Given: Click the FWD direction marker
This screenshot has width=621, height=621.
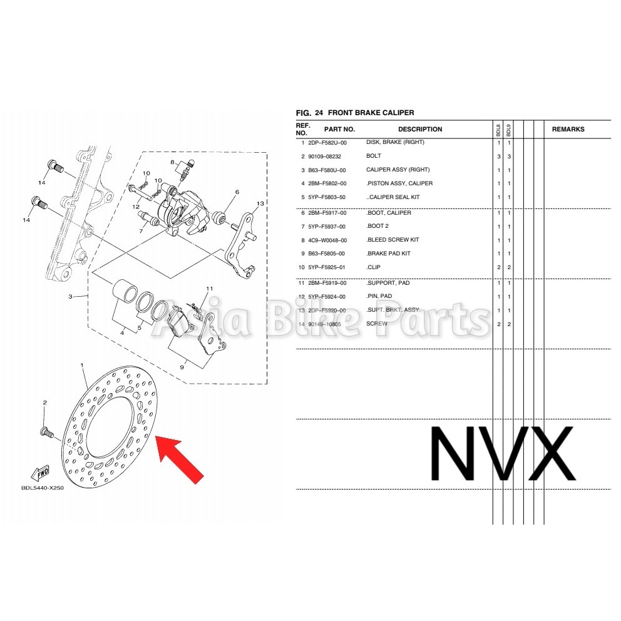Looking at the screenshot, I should [41, 471].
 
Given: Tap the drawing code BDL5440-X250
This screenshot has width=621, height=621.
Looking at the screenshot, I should [42, 488].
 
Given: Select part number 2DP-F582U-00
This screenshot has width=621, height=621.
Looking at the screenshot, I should [326, 143].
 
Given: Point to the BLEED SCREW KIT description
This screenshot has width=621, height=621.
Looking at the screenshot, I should [393, 240].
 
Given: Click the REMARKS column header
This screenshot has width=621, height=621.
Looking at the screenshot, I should [568, 130].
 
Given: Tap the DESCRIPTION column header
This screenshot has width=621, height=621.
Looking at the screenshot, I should [420, 130].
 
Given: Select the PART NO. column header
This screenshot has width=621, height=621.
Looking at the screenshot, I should [340, 130].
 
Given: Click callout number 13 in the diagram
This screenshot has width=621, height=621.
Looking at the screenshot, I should [260, 203].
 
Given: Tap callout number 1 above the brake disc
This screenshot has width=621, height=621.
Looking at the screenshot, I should [81, 364].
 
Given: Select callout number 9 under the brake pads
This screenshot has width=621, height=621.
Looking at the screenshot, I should [182, 368].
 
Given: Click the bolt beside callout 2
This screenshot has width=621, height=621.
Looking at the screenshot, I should [46, 431].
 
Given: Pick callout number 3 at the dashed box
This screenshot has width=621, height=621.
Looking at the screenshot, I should [71, 296].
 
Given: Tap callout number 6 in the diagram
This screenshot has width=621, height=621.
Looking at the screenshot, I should [237, 192].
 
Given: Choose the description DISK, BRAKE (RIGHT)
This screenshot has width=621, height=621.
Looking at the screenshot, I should [395, 143].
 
